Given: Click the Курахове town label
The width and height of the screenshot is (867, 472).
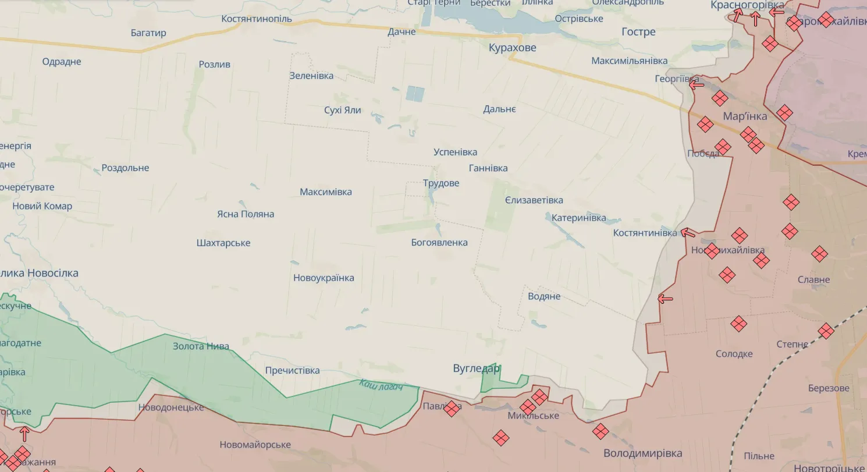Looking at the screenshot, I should [x=512, y=48].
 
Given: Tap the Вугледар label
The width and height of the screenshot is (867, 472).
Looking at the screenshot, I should [x=477, y=368].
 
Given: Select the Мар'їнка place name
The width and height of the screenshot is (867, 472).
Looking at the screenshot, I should [x=745, y=116].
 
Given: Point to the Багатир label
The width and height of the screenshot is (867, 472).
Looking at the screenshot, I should [x=148, y=33].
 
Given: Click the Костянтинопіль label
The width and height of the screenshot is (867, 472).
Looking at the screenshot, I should [x=257, y=19].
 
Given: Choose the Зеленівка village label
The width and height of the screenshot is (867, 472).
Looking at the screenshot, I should [x=311, y=76].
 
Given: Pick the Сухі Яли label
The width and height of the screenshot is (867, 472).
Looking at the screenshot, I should [x=343, y=111].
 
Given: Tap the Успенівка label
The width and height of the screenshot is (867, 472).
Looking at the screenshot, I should [x=455, y=152].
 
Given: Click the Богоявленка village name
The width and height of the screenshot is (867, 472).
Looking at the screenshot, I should [x=439, y=243].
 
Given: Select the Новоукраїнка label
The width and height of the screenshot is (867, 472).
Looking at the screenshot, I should [x=324, y=278].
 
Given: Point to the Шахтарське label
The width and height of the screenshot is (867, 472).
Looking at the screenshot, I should [x=223, y=243].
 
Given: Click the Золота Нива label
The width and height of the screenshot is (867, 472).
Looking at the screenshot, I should [x=201, y=346].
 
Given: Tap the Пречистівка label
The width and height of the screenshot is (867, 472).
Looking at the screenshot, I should [x=292, y=371].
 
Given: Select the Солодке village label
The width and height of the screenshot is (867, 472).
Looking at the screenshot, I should [x=734, y=354].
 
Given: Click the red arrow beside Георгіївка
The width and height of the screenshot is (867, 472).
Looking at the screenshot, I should [x=696, y=85].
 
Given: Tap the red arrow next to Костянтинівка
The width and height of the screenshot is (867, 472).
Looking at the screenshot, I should [x=688, y=233].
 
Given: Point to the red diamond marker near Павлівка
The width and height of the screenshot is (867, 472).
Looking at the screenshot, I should [x=451, y=409].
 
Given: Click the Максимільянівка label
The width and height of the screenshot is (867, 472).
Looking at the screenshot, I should [x=629, y=61].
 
